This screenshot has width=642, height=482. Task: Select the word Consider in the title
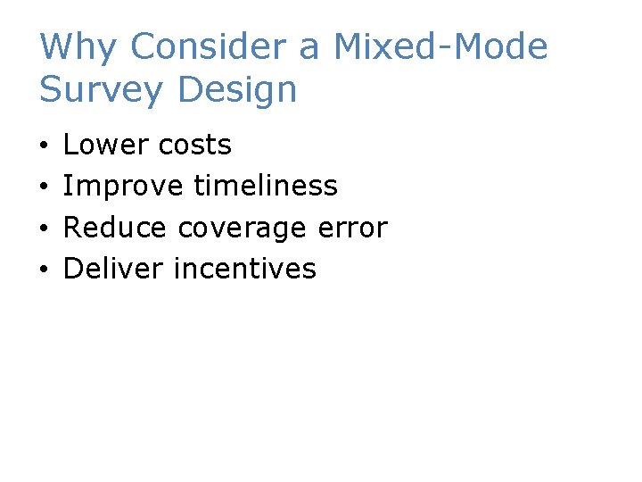pos(204,47)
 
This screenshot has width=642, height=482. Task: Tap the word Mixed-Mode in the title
pos(440,47)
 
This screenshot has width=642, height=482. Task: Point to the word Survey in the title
pos(100,90)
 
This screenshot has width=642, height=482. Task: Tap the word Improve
pos(123,187)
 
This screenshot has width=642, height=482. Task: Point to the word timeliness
pos(265,186)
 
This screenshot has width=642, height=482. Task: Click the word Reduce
pos(115,228)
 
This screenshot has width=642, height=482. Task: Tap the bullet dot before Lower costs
pos(44,146)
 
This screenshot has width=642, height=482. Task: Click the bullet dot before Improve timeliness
pos(44,187)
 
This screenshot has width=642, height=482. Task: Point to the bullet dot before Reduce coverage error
pos(44,229)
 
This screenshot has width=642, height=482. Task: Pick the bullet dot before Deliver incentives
pos(44,270)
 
